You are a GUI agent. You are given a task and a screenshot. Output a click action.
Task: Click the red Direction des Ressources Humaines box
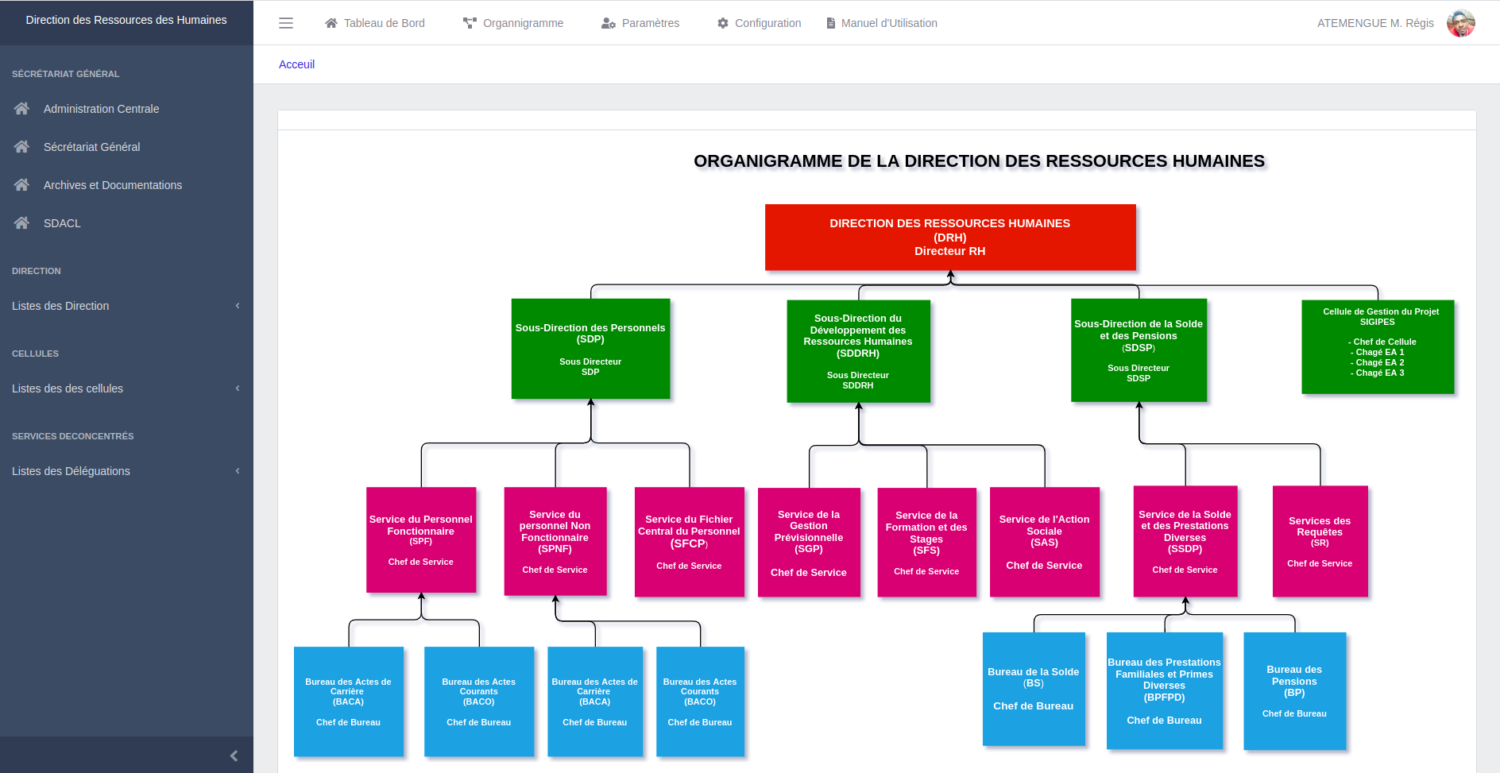[x=949, y=237]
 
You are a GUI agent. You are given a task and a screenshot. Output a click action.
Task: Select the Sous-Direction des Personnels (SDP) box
[x=590, y=349]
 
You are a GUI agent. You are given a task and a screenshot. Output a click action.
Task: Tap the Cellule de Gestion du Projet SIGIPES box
[x=1377, y=346]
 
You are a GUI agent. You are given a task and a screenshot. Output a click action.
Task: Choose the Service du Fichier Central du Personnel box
[x=689, y=542]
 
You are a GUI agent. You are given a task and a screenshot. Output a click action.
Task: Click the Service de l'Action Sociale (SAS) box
[x=1044, y=542]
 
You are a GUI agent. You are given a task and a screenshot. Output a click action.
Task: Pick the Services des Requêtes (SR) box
[x=1319, y=541]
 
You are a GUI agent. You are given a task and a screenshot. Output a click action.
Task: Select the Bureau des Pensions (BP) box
[x=1294, y=690]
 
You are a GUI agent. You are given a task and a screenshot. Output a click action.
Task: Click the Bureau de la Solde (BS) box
[x=1033, y=689]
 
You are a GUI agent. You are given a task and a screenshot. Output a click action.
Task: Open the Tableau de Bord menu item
[x=375, y=23]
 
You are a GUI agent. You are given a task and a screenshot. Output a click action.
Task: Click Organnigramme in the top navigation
[x=513, y=23]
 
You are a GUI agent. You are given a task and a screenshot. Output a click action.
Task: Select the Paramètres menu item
[x=640, y=23]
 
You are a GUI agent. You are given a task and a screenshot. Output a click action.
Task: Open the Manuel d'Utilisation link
[x=882, y=23]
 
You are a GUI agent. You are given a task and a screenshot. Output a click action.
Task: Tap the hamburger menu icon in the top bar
[x=286, y=23]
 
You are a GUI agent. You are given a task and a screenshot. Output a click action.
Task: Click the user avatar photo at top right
[x=1460, y=23]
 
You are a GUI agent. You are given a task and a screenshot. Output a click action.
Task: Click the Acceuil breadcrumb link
[x=296, y=64]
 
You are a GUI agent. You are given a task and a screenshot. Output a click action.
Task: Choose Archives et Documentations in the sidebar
[x=112, y=185]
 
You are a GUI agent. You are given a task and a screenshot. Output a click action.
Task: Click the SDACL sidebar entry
[x=62, y=223]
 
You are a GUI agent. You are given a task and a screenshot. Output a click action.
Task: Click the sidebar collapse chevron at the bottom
[x=234, y=756]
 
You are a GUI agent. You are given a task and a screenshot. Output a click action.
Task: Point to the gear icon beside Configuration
[x=723, y=23]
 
